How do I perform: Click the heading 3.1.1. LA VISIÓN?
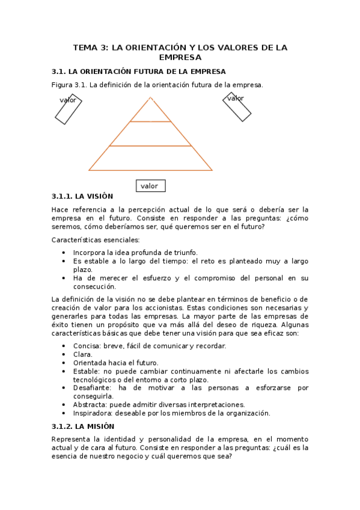[82, 197]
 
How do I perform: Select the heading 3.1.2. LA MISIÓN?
[82, 426]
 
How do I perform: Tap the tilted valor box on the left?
[69, 109]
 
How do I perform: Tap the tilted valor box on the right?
[237, 106]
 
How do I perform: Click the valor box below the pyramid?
[150, 186]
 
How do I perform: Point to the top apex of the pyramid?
[150, 98]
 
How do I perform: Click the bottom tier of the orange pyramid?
[150, 159]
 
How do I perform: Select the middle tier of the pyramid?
[150, 134]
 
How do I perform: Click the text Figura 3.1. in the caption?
[70, 85]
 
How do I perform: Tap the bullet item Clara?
[83, 354]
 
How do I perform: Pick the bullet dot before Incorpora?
[64, 253]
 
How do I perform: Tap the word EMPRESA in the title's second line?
[180, 58]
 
